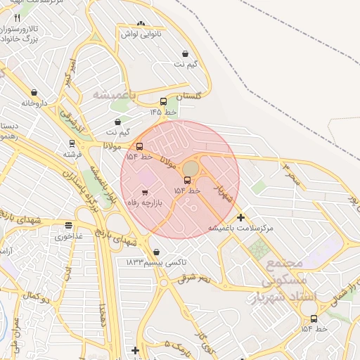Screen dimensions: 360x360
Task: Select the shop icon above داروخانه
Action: tap(34, 93)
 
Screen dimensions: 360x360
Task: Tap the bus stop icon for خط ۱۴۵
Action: tap(163, 101)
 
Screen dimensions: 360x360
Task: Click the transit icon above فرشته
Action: tap(72, 143)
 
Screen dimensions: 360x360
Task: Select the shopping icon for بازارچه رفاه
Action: tap(145, 192)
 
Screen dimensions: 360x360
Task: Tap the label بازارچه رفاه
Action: tap(144, 202)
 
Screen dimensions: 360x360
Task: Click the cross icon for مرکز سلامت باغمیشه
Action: tap(241, 218)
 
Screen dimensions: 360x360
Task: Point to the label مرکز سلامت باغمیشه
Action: tap(240, 229)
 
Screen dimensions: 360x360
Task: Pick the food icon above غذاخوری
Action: tap(68, 226)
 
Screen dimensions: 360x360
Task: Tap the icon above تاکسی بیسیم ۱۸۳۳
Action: tap(156, 252)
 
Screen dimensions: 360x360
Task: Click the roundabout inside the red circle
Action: tap(191, 169)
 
